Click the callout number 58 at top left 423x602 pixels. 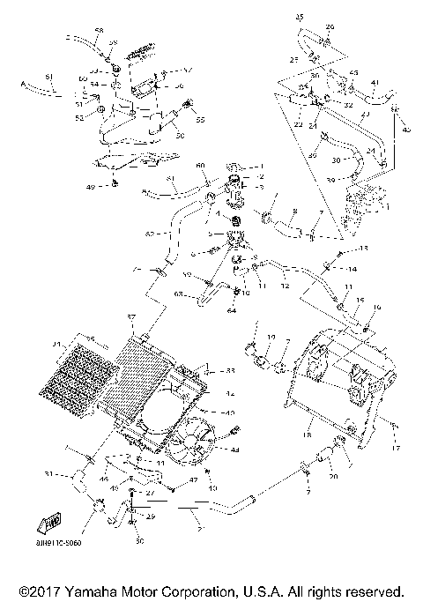click(x=99, y=31)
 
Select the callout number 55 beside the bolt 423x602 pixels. click(x=200, y=119)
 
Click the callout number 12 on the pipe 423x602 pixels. click(x=285, y=286)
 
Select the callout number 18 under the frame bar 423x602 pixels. click(x=308, y=435)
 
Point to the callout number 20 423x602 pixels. click(x=334, y=477)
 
